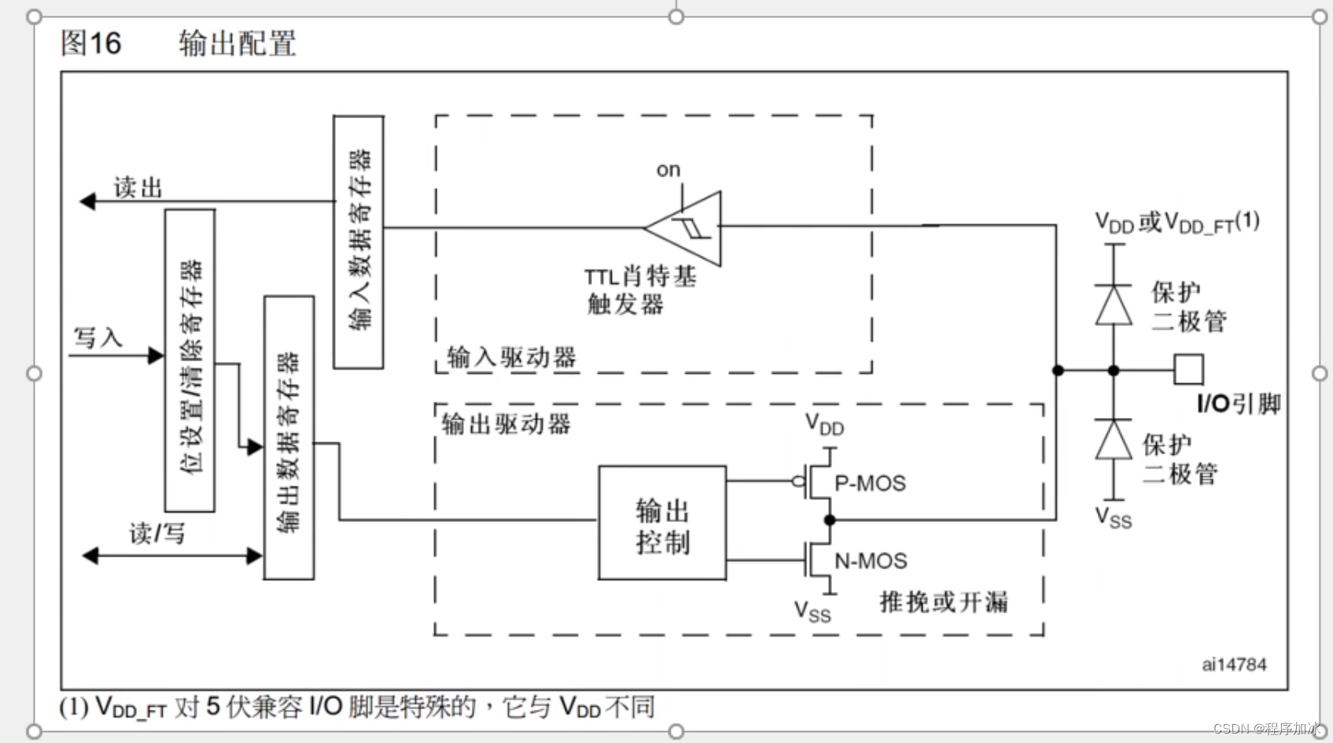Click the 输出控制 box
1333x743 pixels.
[662, 523]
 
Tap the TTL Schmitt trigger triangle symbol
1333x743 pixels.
[688, 227]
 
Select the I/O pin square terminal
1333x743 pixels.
[1188, 369]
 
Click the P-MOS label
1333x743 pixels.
[870, 483]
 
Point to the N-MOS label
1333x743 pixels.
[871, 561]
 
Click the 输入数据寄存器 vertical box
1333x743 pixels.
[359, 242]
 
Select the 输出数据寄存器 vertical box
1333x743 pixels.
[289, 438]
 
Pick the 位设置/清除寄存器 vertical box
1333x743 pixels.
[190, 360]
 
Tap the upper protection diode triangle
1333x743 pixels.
[1114, 305]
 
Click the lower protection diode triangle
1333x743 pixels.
[1114, 440]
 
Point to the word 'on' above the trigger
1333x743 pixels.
[668, 170]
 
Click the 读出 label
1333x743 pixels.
[138, 187]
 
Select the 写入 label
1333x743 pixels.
[98, 338]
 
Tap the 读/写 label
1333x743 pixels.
[157, 534]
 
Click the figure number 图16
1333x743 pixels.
[91, 43]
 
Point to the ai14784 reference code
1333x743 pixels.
[1233, 664]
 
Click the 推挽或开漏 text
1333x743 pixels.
[944, 602]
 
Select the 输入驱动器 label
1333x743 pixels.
[511, 357]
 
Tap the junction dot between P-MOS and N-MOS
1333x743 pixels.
[829, 520]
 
